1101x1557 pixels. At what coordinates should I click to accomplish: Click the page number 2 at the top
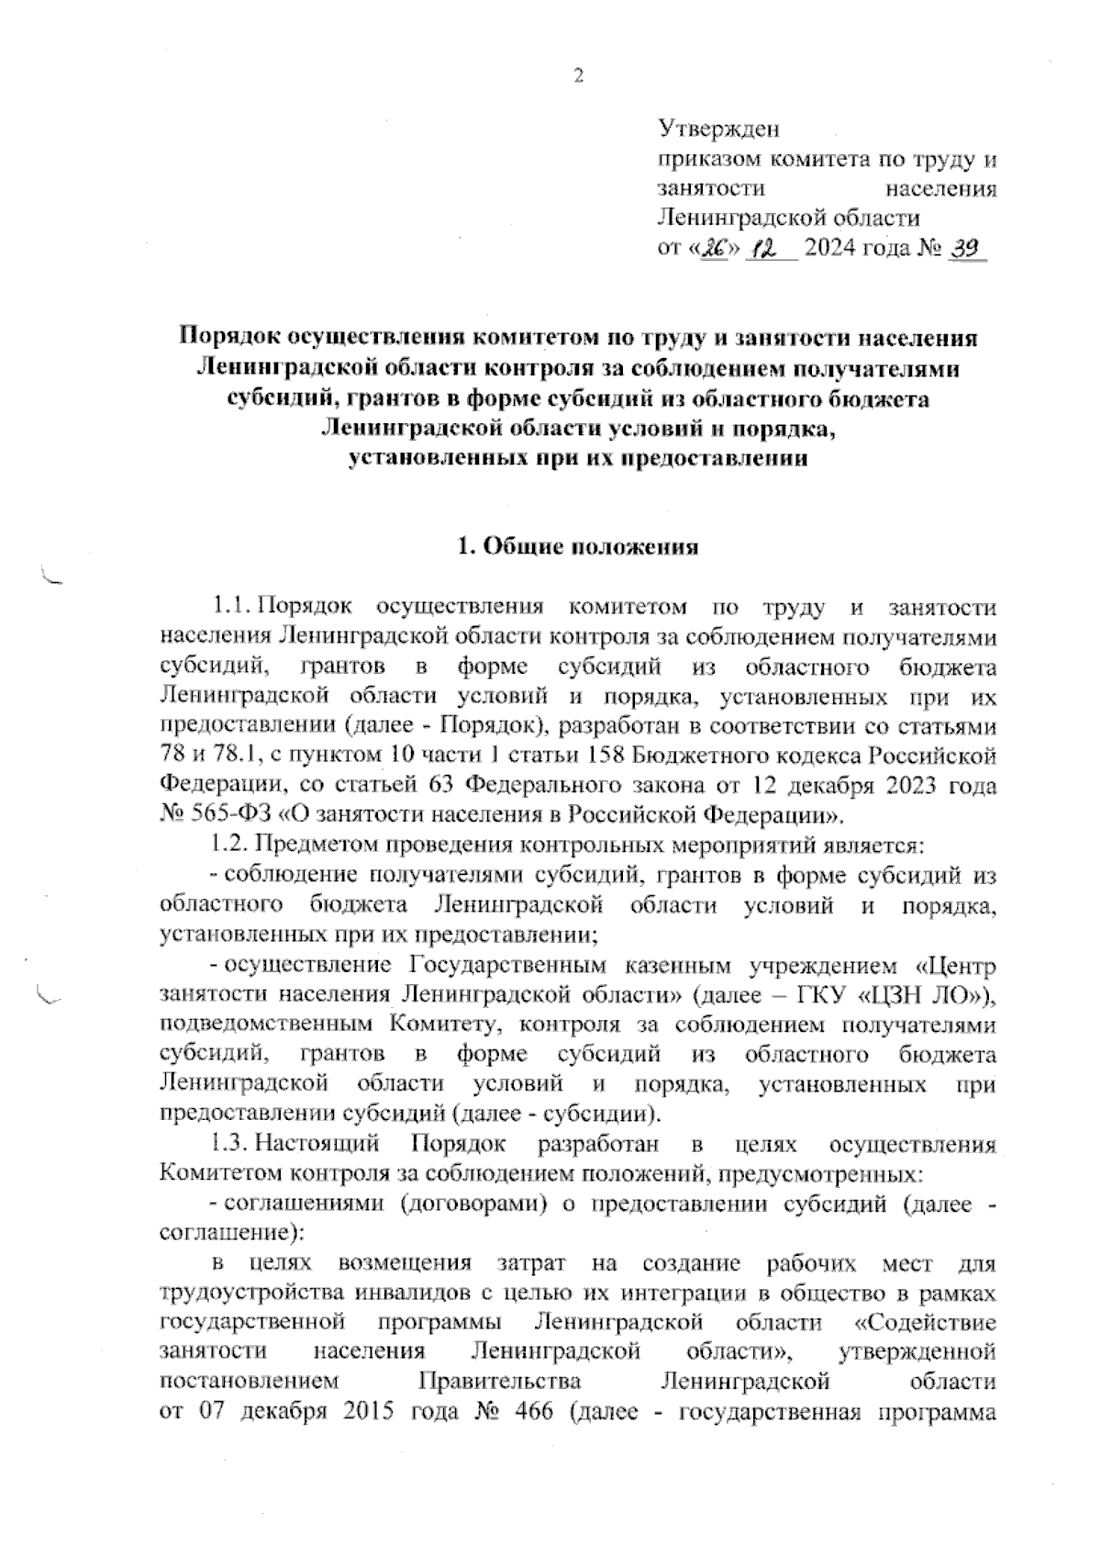click(x=578, y=77)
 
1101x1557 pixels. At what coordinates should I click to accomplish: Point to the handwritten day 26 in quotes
click(x=715, y=249)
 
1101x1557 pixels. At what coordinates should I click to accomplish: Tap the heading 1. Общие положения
click(x=578, y=548)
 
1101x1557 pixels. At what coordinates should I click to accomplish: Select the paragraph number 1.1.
click(x=229, y=607)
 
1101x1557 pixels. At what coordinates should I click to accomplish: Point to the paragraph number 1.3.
click(x=229, y=1145)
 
